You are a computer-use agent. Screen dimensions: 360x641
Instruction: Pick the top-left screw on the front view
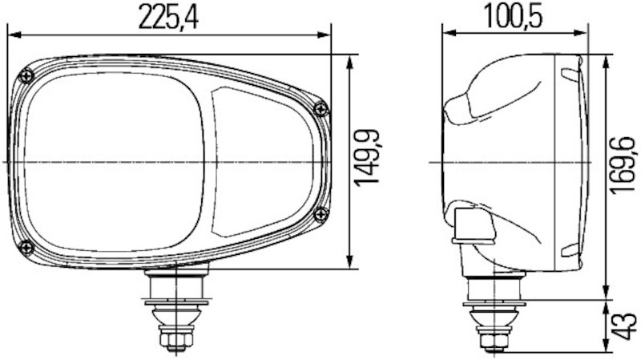[x=28, y=75]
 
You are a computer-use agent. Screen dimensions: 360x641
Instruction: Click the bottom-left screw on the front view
[x=26, y=245]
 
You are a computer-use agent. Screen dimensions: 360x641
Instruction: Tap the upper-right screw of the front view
[x=321, y=109]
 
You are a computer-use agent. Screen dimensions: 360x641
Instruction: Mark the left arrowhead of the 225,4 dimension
[x=11, y=34]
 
